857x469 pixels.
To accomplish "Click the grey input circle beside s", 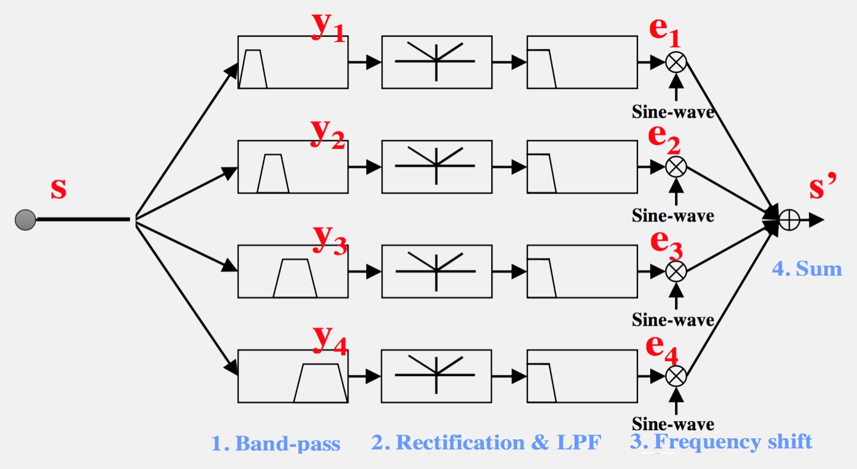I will pos(25,220).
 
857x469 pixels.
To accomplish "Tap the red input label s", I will pos(58,189).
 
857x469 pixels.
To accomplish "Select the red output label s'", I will pos(821,186).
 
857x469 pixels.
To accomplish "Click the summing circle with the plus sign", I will pos(789,220).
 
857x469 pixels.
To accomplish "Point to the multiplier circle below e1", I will pos(676,62).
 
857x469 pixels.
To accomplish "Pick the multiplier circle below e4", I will pos(676,376).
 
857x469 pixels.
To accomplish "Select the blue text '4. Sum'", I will pos(807,269).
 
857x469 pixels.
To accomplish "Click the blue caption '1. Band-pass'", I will pos(275,444).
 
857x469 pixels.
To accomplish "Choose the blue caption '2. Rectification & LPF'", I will pos(486,443).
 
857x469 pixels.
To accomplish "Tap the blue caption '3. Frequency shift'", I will pos(721,442).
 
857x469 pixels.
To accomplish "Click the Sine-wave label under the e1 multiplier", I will pos(673,112).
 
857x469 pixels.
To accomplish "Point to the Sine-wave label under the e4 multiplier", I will pos(673,424).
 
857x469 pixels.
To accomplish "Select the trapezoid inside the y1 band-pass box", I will pos(253,70).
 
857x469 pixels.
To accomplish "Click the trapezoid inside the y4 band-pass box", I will pos(320,383).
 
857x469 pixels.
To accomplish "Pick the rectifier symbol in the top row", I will pos(436,61).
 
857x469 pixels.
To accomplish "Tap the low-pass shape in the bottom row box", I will pos(541,383).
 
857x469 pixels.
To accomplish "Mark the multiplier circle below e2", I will pos(676,167).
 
